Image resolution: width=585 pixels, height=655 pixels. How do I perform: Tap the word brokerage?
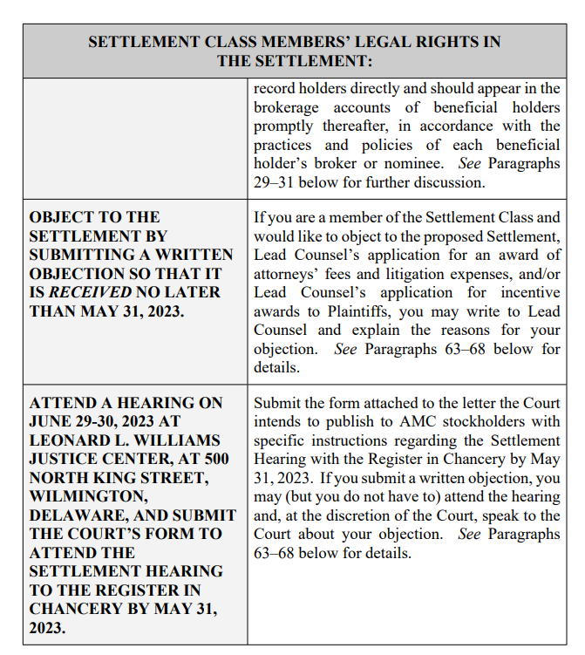click(x=286, y=108)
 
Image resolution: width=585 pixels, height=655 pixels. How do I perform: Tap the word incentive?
click(x=527, y=292)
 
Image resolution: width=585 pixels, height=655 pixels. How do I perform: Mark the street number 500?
click(x=206, y=459)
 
